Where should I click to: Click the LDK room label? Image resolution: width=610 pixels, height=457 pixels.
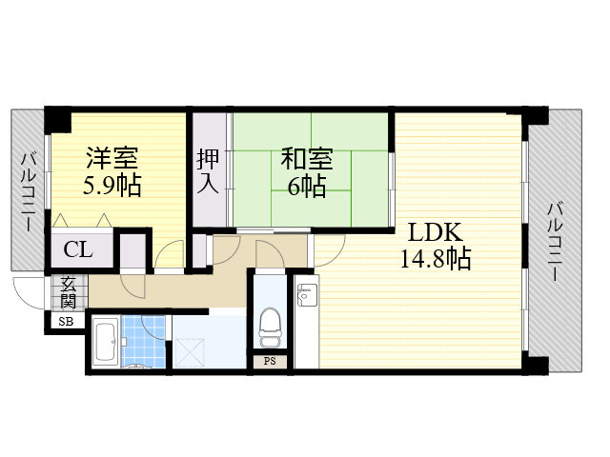pos(436,232)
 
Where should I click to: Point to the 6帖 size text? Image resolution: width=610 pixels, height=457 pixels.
pos(306,185)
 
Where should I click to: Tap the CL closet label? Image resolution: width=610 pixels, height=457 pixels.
pos(78,250)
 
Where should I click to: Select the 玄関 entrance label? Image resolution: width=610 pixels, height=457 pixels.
pos(69,291)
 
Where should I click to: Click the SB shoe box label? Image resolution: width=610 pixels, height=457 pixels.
pos(66,322)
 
